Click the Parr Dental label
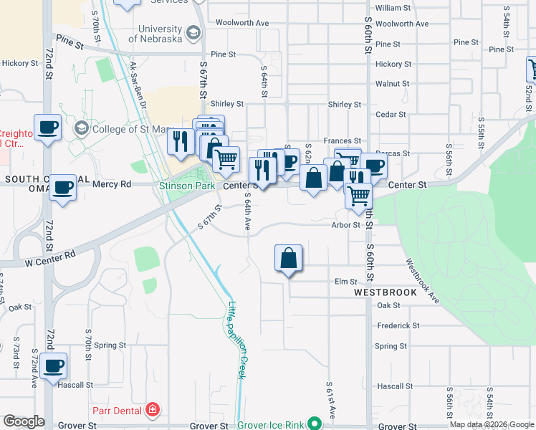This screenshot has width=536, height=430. click(118, 411)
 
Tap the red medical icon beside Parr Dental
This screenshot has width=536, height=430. click(153, 411)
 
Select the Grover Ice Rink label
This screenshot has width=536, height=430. click(271, 425)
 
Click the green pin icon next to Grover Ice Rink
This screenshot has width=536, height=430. click(313, 424)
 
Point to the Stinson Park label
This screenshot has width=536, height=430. click(187, 186)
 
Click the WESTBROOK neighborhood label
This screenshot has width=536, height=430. click(385, 293)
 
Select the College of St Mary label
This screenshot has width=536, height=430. click(133, 129)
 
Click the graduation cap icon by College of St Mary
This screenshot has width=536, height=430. click(82, 129)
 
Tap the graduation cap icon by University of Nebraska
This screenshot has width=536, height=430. click(193, 33)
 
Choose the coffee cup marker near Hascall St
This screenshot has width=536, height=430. click(53, 367)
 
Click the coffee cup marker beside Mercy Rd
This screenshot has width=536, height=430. click(62, 188)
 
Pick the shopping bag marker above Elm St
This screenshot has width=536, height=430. click(288, 259)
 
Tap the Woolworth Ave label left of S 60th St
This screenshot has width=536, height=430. click(245, 23)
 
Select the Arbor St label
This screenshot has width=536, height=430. click(345, 224)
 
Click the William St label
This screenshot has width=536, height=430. click(393, 8)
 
